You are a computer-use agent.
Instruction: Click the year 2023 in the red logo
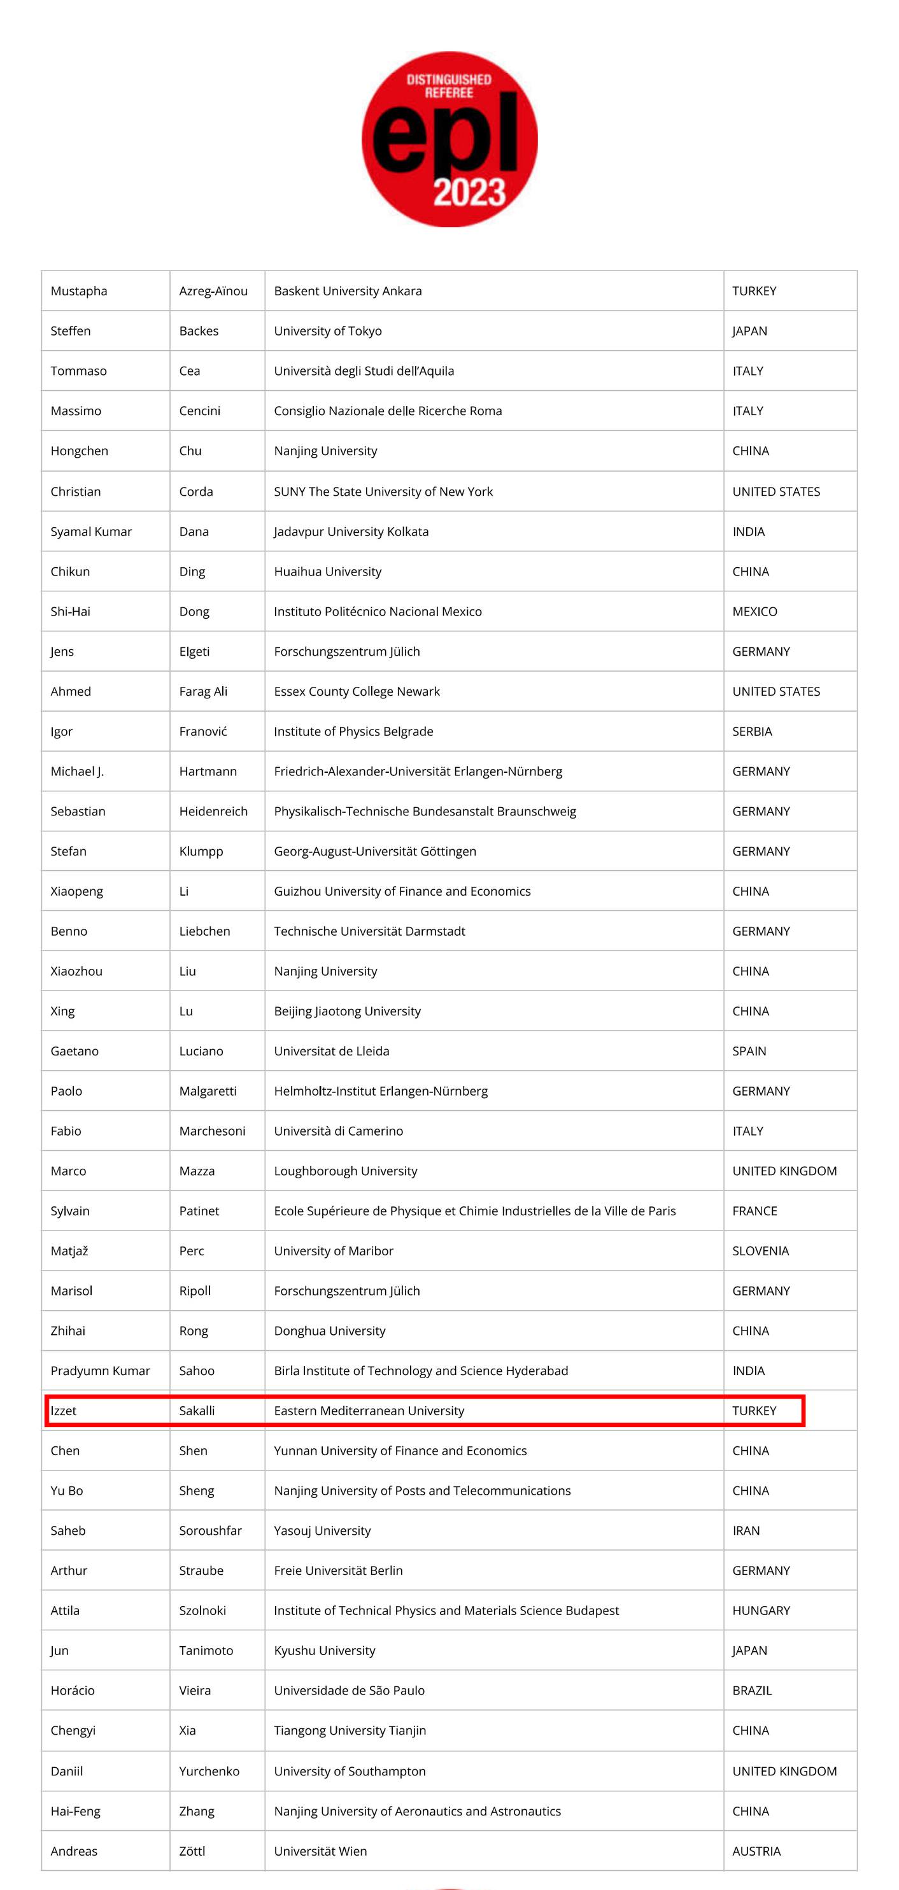click(x=469, y=192)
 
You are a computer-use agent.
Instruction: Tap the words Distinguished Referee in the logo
click(x=449, y=86)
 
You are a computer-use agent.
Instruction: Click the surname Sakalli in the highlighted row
click(x=197, y=1411)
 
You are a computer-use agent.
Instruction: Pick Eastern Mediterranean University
click(x=369, y=1411)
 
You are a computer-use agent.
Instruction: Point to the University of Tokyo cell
click(x=327, y=331)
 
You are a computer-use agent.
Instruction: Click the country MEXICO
click(x=754, y=611)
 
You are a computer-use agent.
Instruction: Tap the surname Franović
click(x=202, y=731)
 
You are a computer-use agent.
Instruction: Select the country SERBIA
click(x=751, y=731)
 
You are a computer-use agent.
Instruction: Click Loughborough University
click(x=345, y=1171)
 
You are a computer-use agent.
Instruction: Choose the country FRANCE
click(x=754, y=1211)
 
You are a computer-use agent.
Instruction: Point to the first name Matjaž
click(x=69, y=1251)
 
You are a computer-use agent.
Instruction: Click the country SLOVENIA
click(x=760, y=1251)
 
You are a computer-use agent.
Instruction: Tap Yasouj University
click(x=322, y=1530)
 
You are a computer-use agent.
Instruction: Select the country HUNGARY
click(x=761, y=1611)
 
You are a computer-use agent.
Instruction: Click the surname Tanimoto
click(x=206, y=1650)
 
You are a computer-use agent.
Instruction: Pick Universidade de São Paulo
click(x=349, y=1691)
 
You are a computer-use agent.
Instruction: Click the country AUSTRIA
click(x=756, y=1851)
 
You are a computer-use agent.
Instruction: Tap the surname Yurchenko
click(x=209, y=1771)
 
